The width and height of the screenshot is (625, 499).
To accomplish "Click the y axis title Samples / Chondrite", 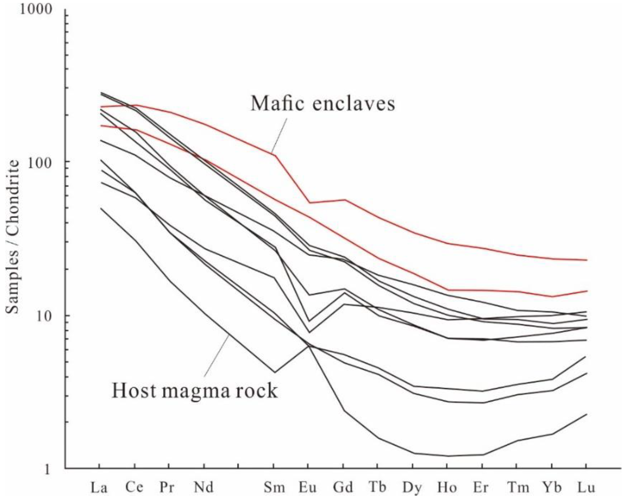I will coord(13,237).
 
